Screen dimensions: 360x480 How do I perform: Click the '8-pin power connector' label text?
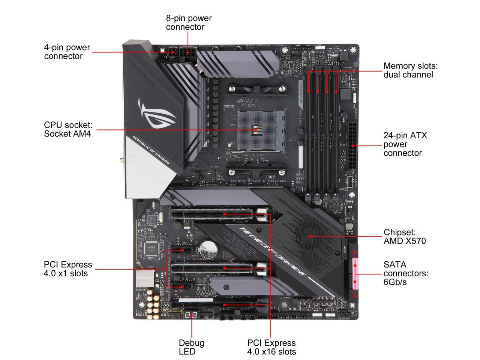click(x=189, y=22)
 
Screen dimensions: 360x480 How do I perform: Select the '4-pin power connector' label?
click(x=67, y=52)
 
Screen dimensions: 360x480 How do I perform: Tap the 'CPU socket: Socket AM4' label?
click(x=68, y=129)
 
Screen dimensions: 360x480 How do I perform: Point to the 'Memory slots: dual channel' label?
click(x=410, y=70)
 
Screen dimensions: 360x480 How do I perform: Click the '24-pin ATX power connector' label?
click(x=405, y=144)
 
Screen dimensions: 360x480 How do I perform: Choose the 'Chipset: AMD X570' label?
click(x=405, y=237)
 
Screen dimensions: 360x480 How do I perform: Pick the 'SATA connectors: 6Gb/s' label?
click(x=405, y=273)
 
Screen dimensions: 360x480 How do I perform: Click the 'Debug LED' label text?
click(x=191, y=347)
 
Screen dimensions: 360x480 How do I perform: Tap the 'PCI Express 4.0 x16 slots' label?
click(x=271, y=347)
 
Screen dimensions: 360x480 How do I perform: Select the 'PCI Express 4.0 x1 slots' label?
click(x=68, y=269)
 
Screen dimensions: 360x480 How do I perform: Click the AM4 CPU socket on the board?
click(x=256, y=130)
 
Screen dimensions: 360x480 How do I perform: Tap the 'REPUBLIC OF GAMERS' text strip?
click(x=150, y=150)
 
